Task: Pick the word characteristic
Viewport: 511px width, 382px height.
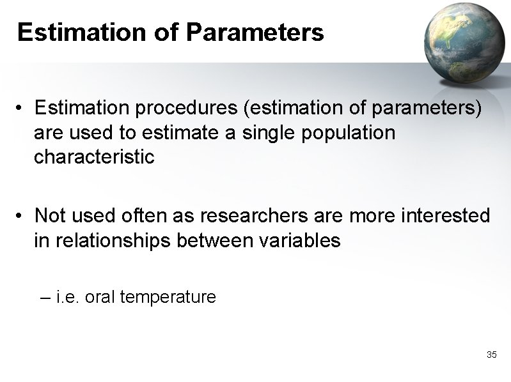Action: coord(94,157)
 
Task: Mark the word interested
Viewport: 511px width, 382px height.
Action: coord(445,216)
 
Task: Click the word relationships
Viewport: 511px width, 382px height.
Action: coord(114,240)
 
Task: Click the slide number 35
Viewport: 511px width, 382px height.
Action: coord(491,355)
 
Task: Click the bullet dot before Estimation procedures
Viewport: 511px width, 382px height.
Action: coord(21,110)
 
